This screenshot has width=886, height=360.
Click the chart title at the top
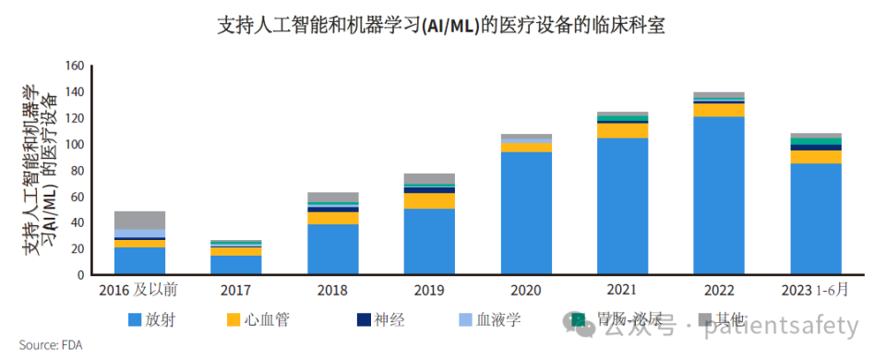point(440,25)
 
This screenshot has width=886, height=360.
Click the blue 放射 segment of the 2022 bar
point(718,195)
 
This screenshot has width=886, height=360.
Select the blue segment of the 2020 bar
point(525,213)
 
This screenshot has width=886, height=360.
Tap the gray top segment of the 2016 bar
point(139,220)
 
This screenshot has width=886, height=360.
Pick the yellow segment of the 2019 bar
point(429,200)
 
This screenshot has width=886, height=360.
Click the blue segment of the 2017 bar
point(235,265)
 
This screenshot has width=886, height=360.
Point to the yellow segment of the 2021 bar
point(622,130)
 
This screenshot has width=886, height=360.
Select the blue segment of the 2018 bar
point(332,249)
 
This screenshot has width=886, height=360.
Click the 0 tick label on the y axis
point(81,275)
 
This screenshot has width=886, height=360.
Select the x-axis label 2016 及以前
point(138,291)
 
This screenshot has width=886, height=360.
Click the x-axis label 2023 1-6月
point(815,291)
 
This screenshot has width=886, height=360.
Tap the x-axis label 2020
point(525,291)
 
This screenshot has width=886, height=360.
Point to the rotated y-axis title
point(39,171)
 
